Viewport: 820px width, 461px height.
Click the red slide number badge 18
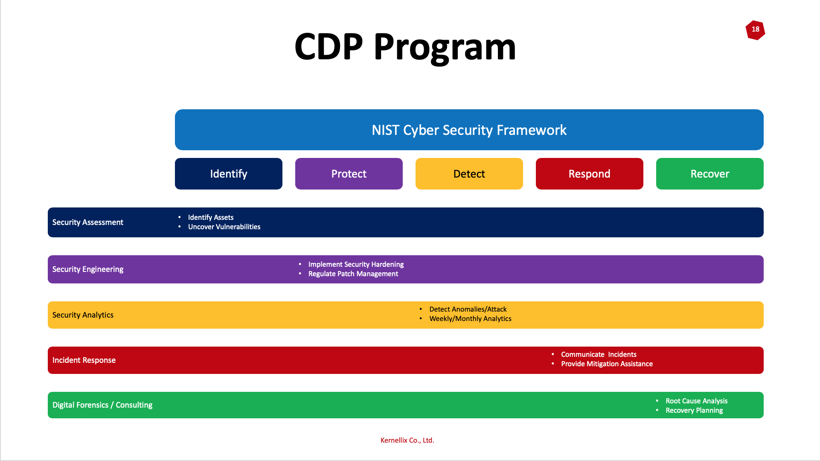point(755,30)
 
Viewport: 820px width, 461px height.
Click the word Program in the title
point(445,48)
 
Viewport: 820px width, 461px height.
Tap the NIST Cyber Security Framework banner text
point(469,130)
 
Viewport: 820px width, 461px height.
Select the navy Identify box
point(229,174)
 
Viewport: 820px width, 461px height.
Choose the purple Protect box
point(349,174)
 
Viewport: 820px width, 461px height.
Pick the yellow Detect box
point(469,174)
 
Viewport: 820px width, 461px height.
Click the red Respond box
point(590,174)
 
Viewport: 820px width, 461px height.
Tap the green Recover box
point(710,174)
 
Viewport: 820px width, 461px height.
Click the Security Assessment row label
point(88,222)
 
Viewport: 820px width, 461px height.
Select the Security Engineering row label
point(88,269)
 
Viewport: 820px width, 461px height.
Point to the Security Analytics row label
point(83,315)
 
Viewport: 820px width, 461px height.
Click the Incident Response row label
point(84,360)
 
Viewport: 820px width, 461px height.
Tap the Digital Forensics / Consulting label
point(102,405)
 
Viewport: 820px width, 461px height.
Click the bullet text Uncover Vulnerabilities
point(224,227)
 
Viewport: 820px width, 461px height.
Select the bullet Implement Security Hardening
point(356,265)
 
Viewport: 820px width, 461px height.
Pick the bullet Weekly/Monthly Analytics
point(470,319)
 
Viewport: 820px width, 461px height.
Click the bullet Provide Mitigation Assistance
point(607,364)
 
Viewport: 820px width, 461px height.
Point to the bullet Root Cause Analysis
point(696,401)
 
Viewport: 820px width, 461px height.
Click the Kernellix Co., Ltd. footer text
point(407,441)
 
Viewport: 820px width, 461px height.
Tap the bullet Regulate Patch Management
point(353,274)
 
